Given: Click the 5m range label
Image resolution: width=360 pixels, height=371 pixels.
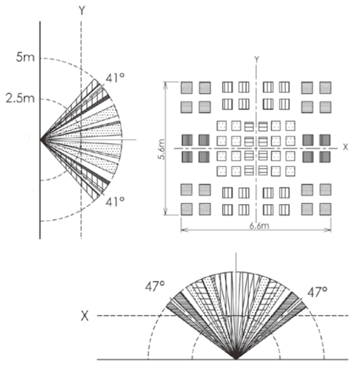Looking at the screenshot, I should click(25, 57).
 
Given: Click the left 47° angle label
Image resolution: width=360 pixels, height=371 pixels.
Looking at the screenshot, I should click(155, 286).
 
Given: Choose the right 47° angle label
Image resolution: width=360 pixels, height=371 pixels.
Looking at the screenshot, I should click(318, 291).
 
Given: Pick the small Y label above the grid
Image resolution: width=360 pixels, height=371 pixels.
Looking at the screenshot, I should click(256, 58).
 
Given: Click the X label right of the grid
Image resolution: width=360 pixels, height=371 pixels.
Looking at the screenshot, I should click(345, 146).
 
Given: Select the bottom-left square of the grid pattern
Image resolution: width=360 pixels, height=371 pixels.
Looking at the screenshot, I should click(187, 208).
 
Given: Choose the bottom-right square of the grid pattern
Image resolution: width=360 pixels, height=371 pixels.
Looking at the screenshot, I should click(325, 208).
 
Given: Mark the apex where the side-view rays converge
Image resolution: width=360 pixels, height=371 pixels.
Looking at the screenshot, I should click(41, 139).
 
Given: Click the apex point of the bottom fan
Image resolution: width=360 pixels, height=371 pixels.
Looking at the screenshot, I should click(236, 359).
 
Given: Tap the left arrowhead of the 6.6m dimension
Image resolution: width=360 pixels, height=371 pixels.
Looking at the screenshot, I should click(183, 230).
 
